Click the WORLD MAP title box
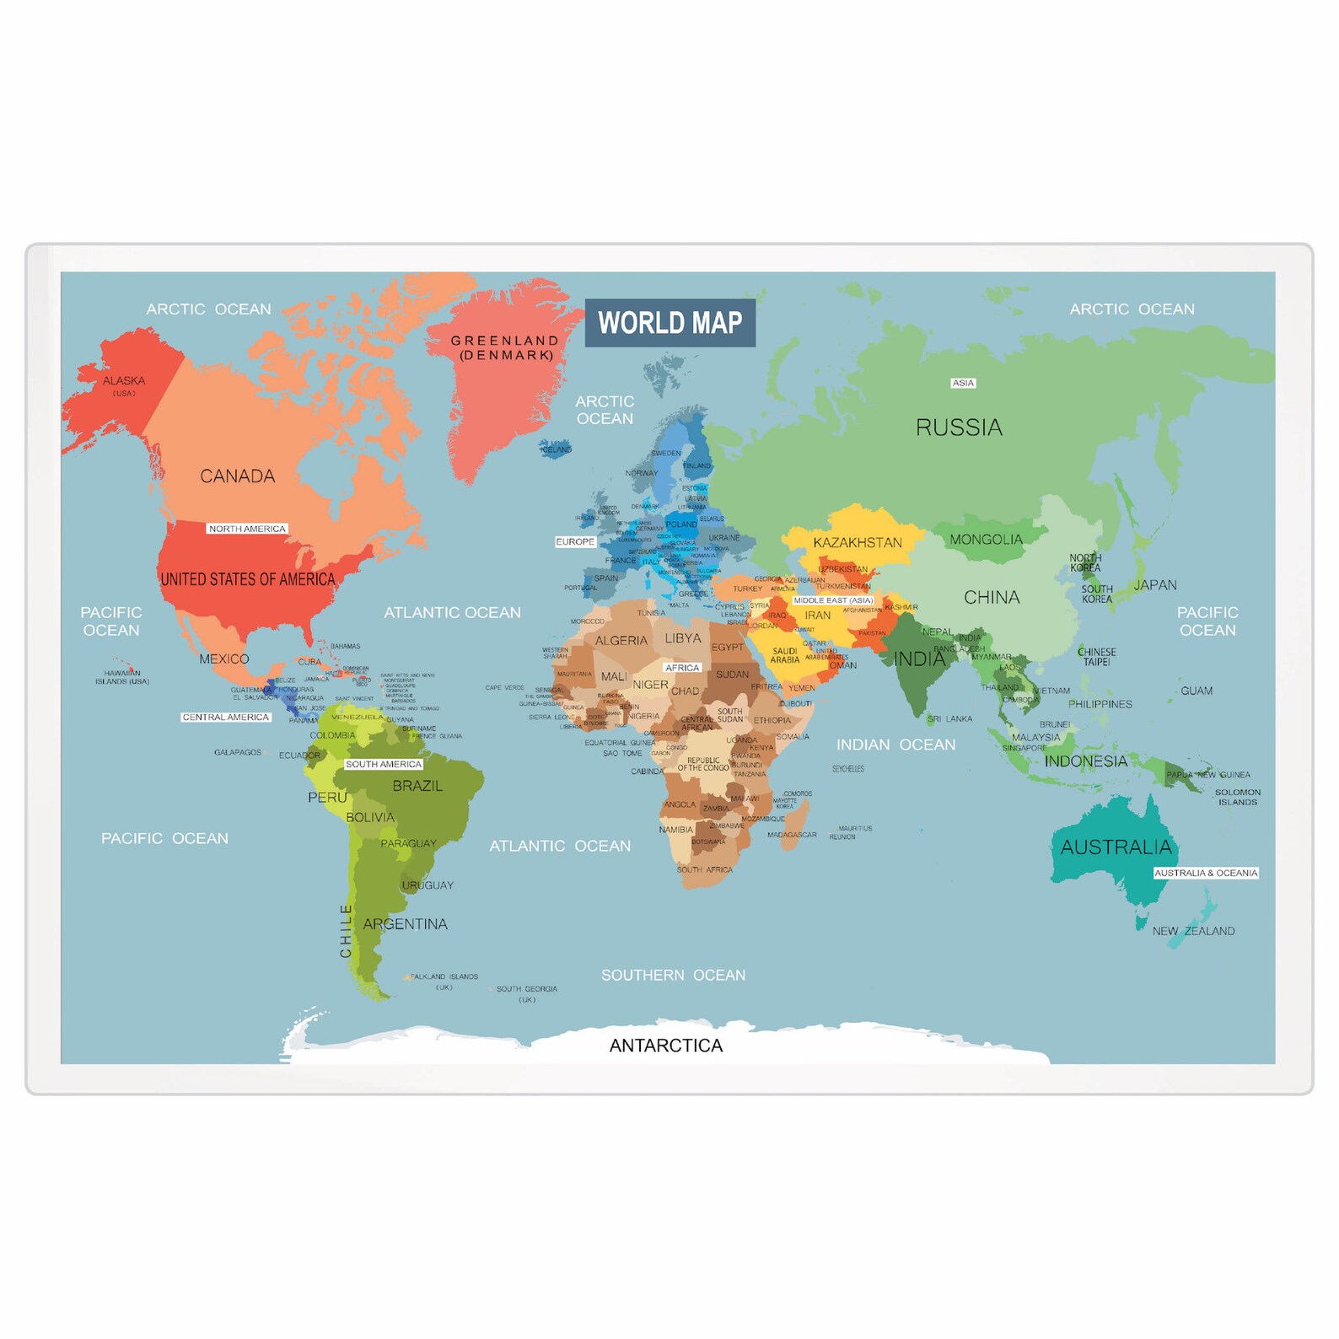click(x=670, y=323)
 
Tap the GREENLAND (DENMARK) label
click(x=505, y=347)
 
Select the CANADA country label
click(x=238, y=476)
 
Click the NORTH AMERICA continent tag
click(x=247, y=529)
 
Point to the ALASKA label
click(x=124, y=381)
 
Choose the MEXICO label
click(x=224, y=659)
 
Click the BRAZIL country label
click(x=417, y=786)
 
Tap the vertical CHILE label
click(x=346, y=931)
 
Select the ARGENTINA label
click(x=406, y=924)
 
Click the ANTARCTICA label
click(x=666, y=1046)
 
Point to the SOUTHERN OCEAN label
click(x=673, y=976)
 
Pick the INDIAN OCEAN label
click(x=895, y=745)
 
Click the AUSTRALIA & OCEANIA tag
click(x=1206, y=873)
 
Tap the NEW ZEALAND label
click(x=1193, y=931)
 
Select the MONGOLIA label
click(x=986, y=540)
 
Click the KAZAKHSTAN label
click(x=858, y=543)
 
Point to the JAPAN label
click(x=1155, y=585)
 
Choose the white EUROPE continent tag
click(x=575, y=541)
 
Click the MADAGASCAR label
click(x=792, y=835)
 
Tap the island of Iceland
click(x=555, y=447)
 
